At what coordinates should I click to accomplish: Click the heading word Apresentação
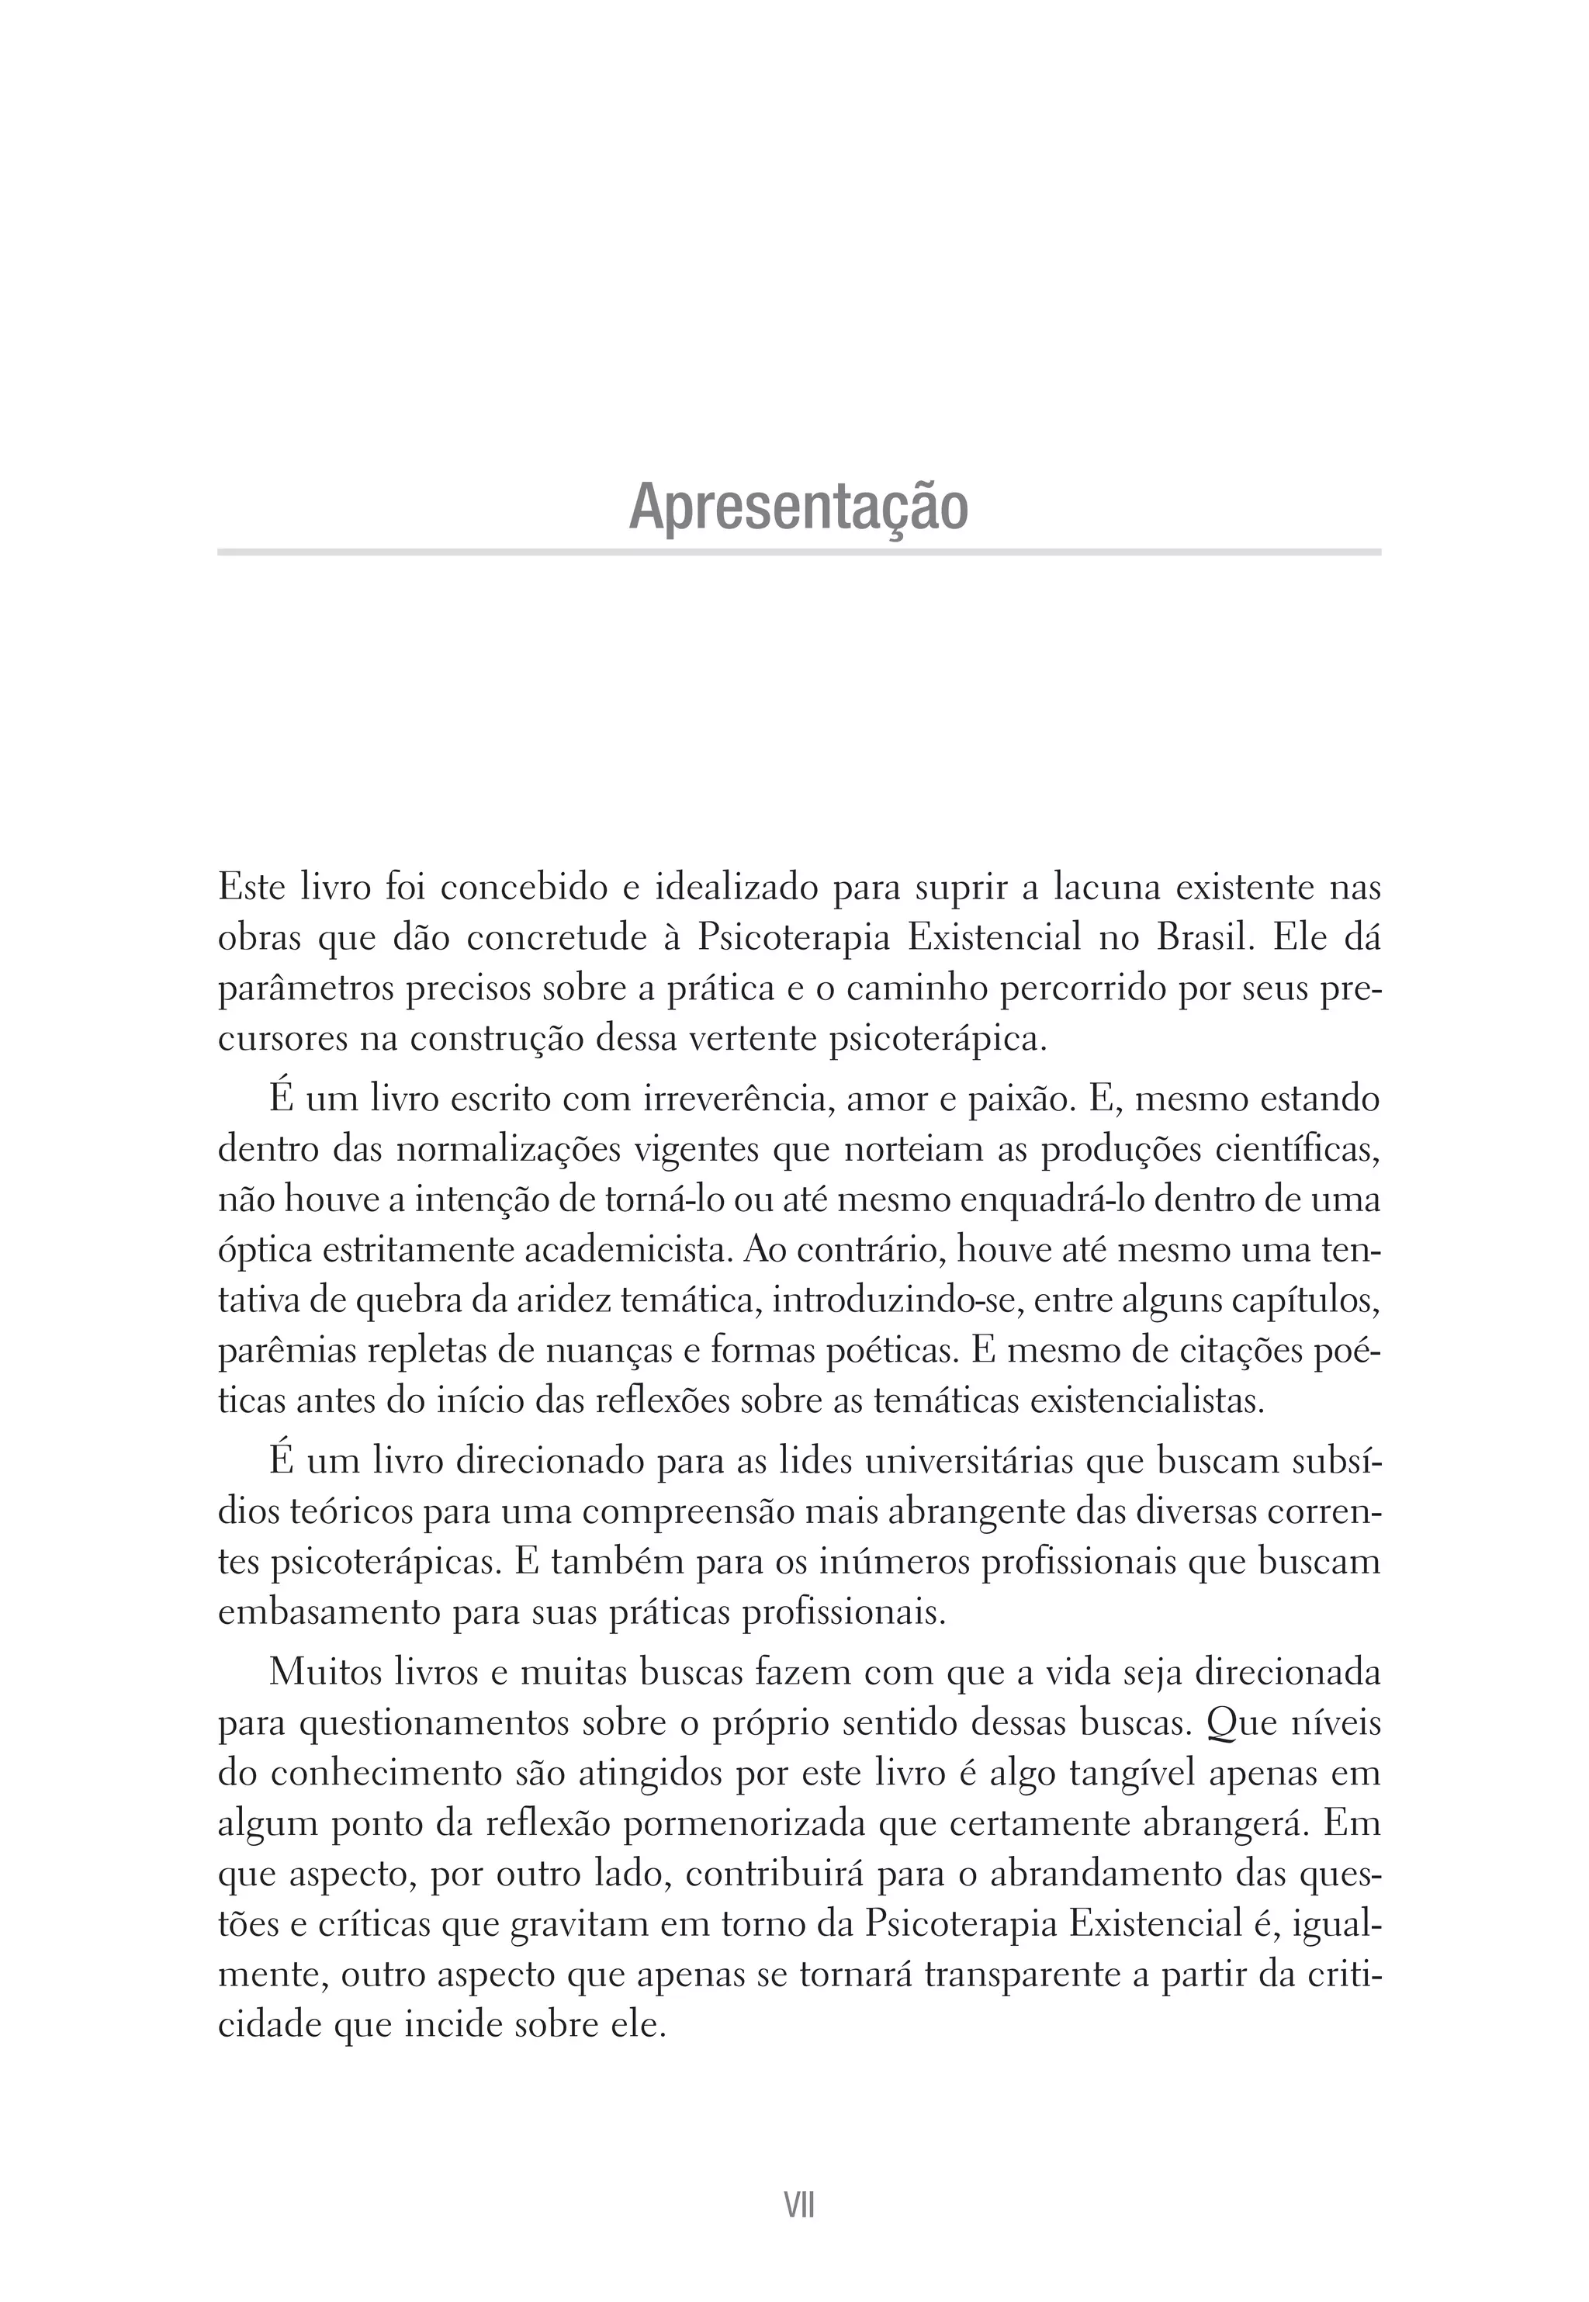point(798,507)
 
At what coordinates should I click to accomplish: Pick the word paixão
point(1012,1100)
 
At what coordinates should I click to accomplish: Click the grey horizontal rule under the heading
point(798,552)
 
